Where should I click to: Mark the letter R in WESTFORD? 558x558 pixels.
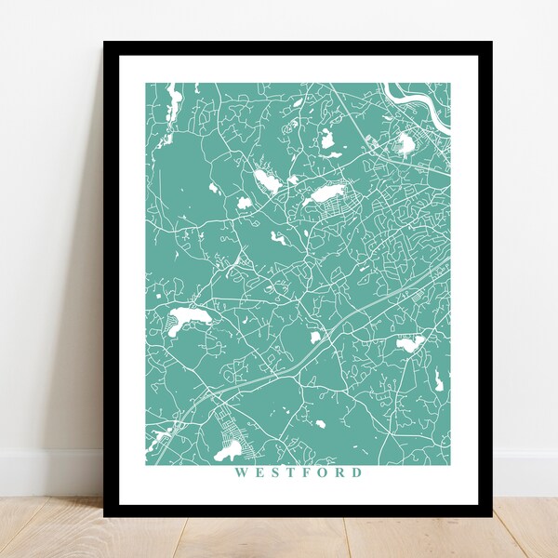340,472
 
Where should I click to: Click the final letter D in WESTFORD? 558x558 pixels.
358,472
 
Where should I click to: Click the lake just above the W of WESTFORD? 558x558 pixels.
225,453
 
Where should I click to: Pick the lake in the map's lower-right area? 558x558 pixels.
410,343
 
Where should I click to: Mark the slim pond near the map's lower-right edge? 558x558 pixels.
437,379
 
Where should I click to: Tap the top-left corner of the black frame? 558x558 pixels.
105,43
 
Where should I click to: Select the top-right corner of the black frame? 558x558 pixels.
491,43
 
